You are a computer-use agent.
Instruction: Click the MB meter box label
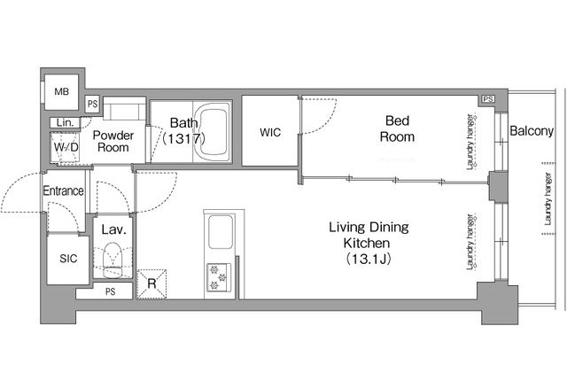[x=61, y=92]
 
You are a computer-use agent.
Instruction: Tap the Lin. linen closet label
[x=65, y=122]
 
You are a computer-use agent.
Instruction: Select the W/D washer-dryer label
[x=66, y=147]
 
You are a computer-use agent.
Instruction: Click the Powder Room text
[x=113, y=142]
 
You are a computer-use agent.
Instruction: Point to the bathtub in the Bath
[x=214, y=132]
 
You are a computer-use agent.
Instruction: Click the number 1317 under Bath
[x=184, y=138]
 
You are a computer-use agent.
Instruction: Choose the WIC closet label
[x=270, y=132]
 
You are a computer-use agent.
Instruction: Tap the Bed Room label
[x=397, y=128]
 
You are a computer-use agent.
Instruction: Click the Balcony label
[x=532, y=131]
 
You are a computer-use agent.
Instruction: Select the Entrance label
[x=63, y=190]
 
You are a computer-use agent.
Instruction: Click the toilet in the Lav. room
[x=113, y=260]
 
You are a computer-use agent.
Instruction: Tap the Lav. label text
[x=113, y=229]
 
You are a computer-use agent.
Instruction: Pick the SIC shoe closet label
[x=68, y=258]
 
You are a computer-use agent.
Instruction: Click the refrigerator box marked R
[x=151, y=284]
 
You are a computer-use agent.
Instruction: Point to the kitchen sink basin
[x=221, y=232]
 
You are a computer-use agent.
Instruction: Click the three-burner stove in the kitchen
[x=219, y=277]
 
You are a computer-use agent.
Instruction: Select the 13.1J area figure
[x=369, y=259]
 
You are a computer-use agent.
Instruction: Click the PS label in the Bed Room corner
[x=488, y=98]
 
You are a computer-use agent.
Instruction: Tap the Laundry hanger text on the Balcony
[x=548, y=199]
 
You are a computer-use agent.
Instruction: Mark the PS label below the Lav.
[x=110, y=291]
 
